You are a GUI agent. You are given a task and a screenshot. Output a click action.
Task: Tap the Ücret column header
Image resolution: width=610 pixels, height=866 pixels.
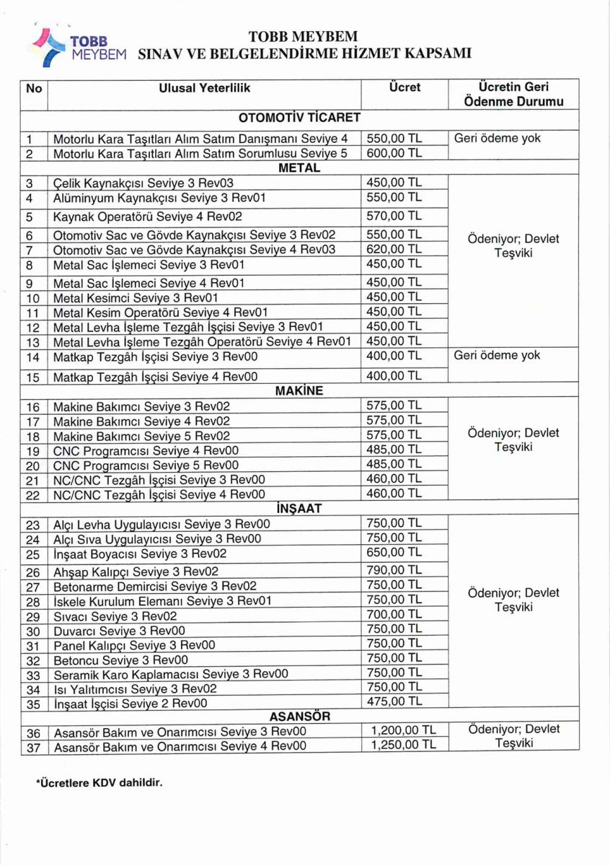(404, 87)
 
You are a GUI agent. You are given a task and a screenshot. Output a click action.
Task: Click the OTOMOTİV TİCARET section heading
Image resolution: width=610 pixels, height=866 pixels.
(299, 117)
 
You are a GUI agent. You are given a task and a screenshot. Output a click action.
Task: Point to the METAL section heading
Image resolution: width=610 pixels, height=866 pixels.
(299, 168)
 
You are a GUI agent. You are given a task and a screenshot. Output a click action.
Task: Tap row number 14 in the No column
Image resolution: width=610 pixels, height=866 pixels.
(32, 357)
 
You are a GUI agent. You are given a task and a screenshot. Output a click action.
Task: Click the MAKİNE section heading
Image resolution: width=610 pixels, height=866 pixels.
(299, 391)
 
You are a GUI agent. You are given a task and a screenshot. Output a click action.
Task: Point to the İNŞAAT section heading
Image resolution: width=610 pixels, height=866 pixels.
(299, 509)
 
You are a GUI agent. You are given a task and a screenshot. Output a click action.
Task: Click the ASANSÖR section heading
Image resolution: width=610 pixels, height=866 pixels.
(299, 717)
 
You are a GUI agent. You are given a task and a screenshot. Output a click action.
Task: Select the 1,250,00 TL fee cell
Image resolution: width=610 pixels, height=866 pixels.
(403, 745)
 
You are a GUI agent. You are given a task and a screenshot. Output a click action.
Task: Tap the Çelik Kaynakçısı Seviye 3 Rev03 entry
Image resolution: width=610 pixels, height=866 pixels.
(143, 183)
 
